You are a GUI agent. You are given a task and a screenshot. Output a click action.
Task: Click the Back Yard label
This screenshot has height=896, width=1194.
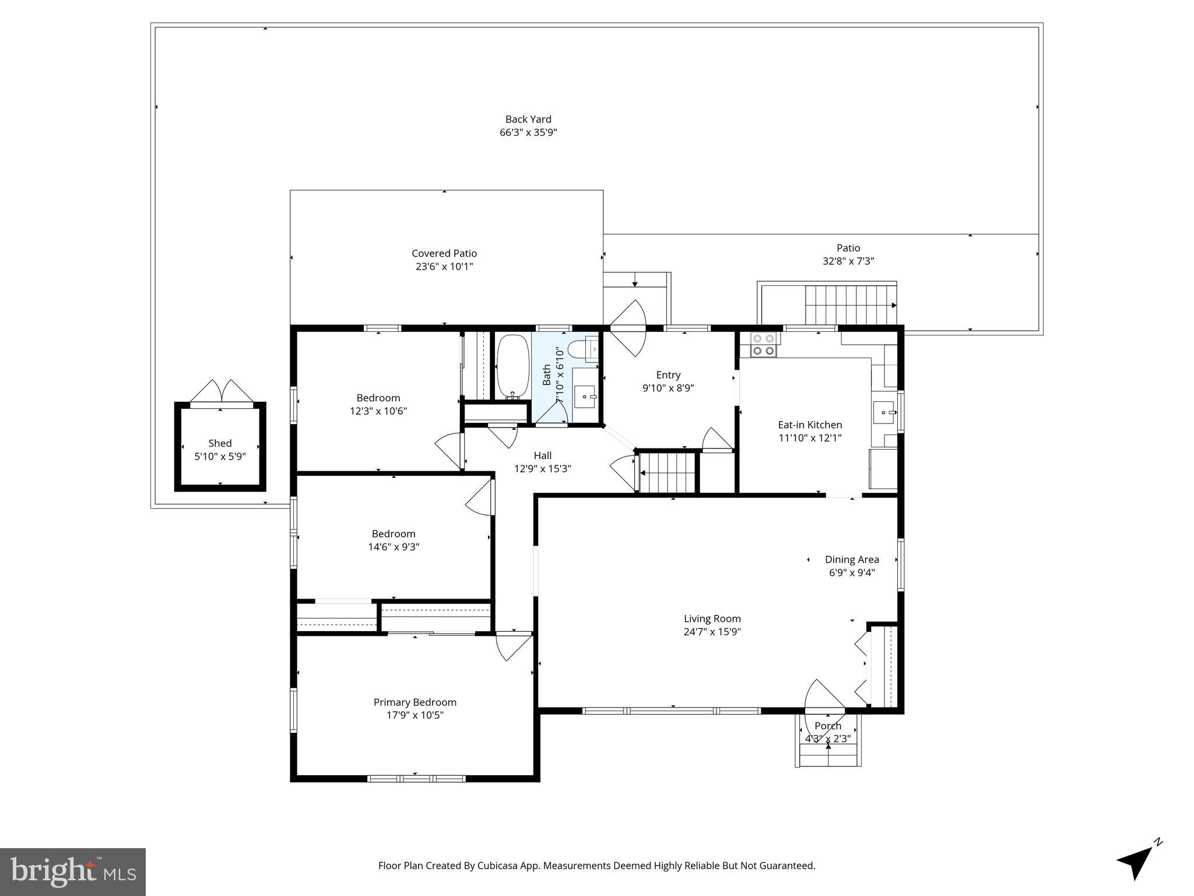tap(528, 119)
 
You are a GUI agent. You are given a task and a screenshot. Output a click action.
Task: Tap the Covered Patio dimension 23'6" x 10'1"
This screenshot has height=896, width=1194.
tap(444, 267)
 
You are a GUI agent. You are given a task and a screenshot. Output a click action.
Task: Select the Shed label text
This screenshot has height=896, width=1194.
tap(220, 443)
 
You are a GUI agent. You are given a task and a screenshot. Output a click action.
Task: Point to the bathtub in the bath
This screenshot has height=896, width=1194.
tap(512, 366)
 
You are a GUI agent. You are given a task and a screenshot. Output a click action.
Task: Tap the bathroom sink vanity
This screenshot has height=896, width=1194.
tap(585, 396)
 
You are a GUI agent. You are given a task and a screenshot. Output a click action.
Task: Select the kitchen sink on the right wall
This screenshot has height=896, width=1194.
tap(884, 412)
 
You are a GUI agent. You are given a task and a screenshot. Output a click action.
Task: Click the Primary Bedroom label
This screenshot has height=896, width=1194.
tap(415, 702)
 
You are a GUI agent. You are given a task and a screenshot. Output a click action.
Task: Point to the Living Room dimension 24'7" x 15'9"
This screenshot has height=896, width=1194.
tap(712, 632)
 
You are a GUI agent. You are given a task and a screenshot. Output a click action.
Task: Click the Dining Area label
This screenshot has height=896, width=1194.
tap(852, 559)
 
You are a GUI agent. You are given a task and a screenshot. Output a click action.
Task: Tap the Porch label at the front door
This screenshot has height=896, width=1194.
tap(828, 726)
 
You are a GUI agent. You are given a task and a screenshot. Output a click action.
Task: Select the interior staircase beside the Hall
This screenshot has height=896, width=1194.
tap(668, 473)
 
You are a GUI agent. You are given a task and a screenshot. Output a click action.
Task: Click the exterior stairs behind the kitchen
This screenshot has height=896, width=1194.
tap(850, 304)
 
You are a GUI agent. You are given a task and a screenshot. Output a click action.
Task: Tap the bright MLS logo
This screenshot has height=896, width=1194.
tap(73, 871)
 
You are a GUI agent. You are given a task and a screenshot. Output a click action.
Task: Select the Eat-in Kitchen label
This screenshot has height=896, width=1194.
tap(810, 425)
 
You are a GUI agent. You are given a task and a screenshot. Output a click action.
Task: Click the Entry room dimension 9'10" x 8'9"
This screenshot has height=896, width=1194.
tap(668, 388)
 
